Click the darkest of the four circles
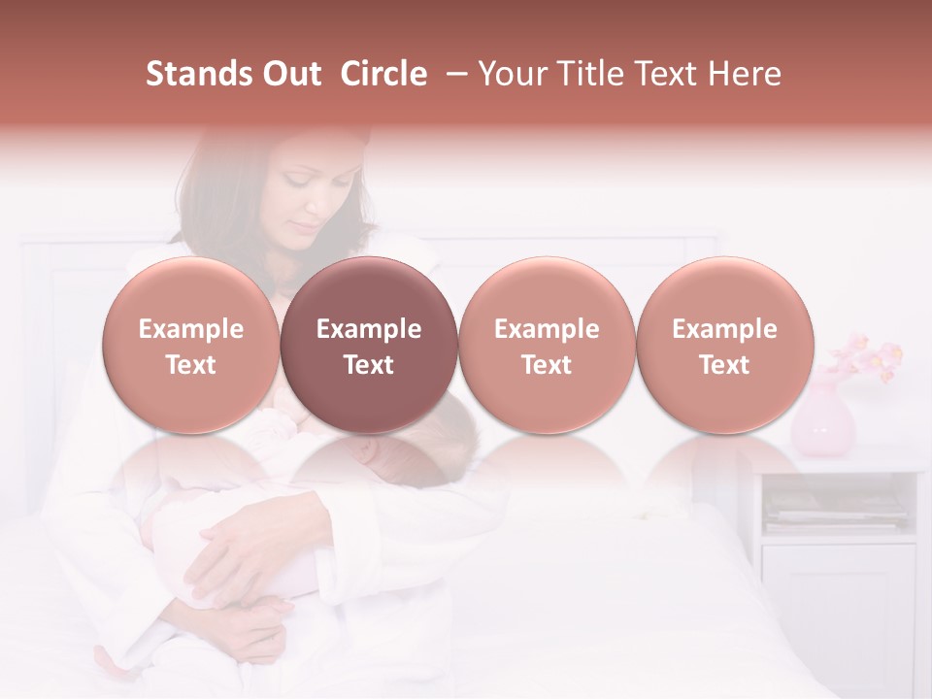coord(369,346)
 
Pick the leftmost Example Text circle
coord(191,346)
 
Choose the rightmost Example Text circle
coord(724,346)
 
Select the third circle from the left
coord(547,346)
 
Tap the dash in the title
coord(451,74)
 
